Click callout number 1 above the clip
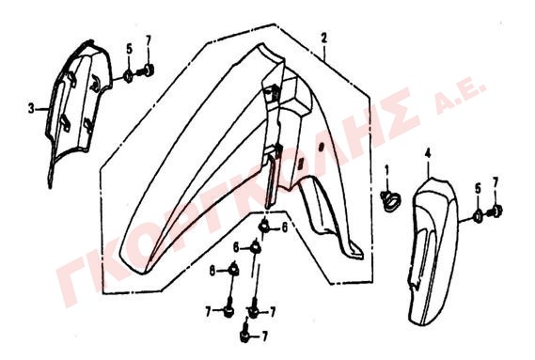point(386,169)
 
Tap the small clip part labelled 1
point(390,200)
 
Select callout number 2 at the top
point(323,38)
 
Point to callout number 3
point(31,109)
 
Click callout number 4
point(428,153)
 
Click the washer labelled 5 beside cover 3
point(128,76)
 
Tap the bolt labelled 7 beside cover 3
point(146,71)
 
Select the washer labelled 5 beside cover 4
point(478,216)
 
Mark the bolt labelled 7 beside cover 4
point(494,212)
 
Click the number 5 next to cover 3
point(129,50)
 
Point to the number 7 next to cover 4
point(496,181)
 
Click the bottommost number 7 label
point(264,337)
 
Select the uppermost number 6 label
point(284,227)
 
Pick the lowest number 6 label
point(212,272)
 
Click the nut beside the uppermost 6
point(264,226)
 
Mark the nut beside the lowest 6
point(233,269)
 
